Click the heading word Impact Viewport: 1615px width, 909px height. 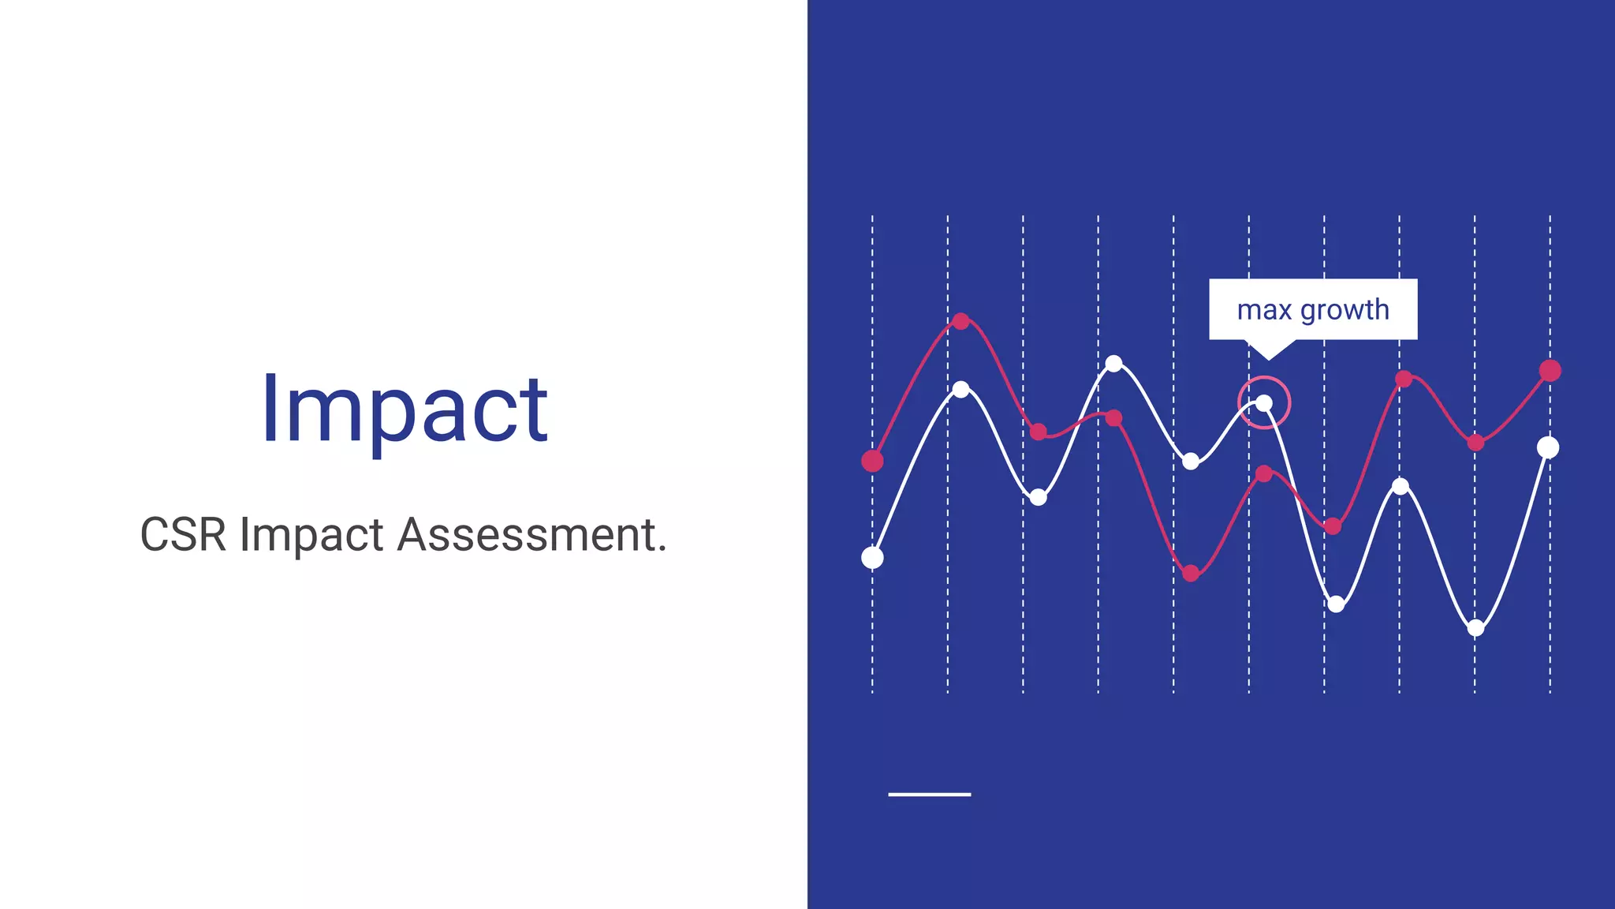click(x=404, y=410)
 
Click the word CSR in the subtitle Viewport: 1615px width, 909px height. click(x=183, y=535)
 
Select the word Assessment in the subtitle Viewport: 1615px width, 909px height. click(x=531, y=535)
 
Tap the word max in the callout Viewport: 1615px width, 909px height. click(x=1264, y=310)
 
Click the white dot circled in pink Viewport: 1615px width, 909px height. click(x=1264, y=403)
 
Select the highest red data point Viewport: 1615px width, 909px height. click(x=960, y=321)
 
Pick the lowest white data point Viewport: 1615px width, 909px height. click(x=1476, y=628)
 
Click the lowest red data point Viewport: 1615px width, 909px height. click(x=1191, y=573)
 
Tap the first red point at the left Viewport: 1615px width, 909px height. click(x=872, y=461)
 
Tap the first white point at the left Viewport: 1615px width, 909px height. click(x=872, y=558)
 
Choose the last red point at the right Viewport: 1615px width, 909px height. click(x=1550, y=370)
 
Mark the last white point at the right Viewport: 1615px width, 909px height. click(x=1548, y=447)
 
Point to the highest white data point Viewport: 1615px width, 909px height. click(x=1113, y=364)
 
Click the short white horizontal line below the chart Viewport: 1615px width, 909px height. click(x=929, y=794)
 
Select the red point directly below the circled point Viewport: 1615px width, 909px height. click(x=1264, y=473)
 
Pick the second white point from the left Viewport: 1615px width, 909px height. click(x=960, y=389)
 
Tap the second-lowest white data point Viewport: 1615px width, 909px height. click(x=1336, y=604)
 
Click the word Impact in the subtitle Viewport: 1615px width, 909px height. click(x=311, y=535)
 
